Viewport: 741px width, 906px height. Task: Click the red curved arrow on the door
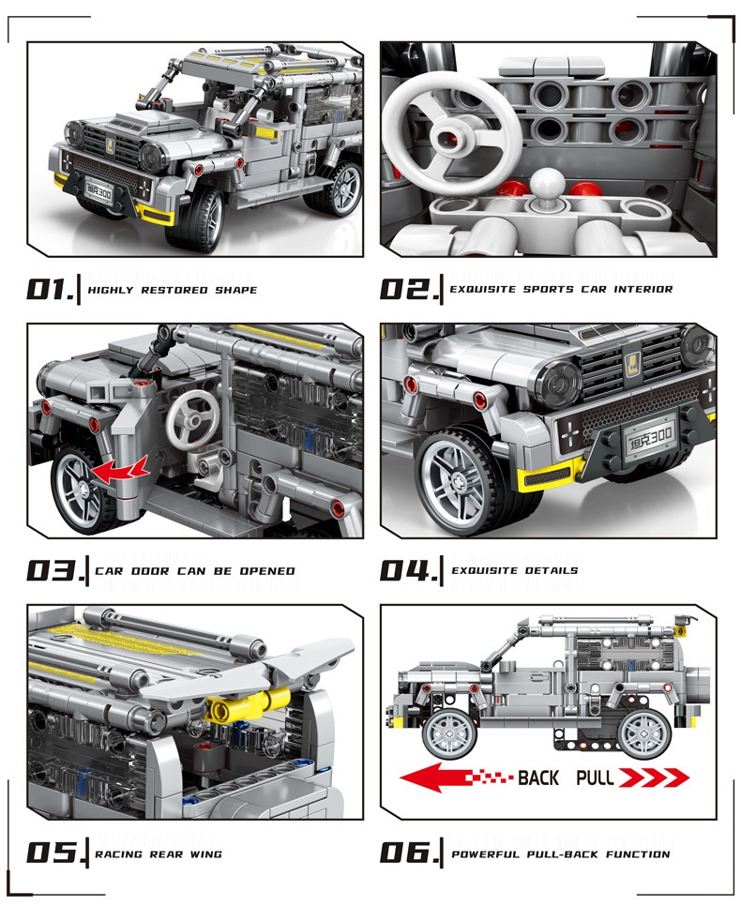120,469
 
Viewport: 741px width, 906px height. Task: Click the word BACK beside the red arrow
537,778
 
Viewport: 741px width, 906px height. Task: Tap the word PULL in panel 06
594,778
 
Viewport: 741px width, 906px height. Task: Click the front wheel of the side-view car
450,733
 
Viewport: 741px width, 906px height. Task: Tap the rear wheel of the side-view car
643,733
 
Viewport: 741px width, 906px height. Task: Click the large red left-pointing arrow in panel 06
457,778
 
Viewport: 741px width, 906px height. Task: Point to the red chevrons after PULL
653,778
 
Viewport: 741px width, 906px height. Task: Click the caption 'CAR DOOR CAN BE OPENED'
195,571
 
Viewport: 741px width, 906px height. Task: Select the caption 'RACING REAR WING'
159,854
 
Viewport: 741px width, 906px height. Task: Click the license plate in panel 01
98,192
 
